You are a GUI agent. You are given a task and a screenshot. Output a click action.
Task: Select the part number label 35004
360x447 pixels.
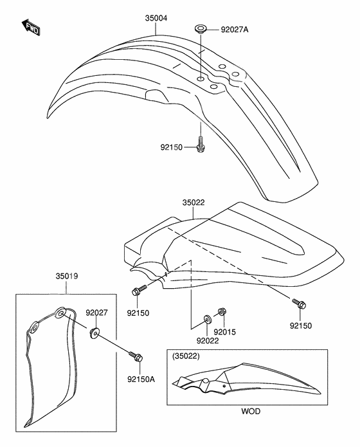(156, 18)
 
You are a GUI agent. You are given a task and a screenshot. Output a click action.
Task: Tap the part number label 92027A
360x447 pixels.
(235, 30)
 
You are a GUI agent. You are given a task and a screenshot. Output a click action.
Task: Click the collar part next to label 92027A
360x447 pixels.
(201, 29)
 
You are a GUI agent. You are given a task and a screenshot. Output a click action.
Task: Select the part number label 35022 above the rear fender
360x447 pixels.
(194, 203)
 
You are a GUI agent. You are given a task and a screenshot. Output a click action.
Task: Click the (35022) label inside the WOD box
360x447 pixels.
(186, 356)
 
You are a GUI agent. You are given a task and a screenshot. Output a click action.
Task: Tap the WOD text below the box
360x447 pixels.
(251, 411)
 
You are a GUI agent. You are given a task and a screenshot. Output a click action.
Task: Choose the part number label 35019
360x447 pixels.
(67, 276)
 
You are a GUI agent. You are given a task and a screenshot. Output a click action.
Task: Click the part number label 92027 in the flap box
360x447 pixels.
(97, 313)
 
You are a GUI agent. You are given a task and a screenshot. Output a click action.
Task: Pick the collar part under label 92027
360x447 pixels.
(94, 333)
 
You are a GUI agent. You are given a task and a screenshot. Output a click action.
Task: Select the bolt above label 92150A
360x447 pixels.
(136, 356)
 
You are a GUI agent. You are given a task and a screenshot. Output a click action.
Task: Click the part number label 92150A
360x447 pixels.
(141, 379)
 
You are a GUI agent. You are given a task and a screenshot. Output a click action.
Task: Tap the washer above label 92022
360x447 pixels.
(207, 319)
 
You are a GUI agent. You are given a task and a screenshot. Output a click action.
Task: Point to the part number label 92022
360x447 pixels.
(208, 340)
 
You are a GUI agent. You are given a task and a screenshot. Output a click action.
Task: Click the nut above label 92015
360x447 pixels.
(222, 311)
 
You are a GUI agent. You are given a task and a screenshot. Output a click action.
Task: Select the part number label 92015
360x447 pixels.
(225, 332)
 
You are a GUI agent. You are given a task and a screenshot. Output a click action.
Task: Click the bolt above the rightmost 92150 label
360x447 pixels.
(299, 304)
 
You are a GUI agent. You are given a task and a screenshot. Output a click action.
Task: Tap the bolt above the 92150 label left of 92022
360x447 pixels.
(139, 289)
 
